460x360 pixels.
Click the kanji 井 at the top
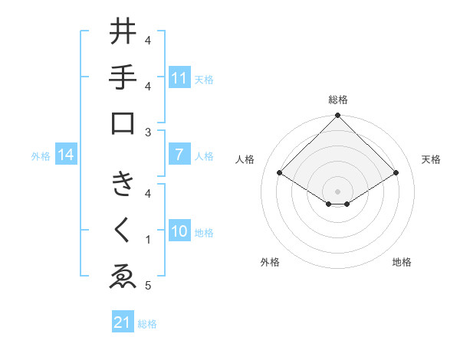click(x=123, y=33)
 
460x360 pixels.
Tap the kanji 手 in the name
click(x=123, y=77)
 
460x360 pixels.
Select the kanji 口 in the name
click(x=123, y=123)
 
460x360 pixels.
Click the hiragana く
click(x=123, y=231)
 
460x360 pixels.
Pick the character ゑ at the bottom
click(x=123, y=277)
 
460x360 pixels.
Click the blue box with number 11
click(x=179, y=77)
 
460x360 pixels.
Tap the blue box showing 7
click(x=179, y=155)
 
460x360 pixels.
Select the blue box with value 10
click(x=179, y=231)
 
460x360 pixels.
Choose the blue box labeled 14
click(x=66, y=155)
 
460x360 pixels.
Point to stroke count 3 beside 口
click(x=148, y=132)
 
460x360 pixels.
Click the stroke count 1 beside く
click(x=148, y=240)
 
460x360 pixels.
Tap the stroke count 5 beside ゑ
click(x=148, y=286)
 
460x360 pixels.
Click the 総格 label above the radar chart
click(x=337, y=100)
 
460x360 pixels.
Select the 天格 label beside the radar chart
click(x=431, y=159)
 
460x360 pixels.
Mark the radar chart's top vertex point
click(x=337, y=116)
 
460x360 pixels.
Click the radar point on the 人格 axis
click(x=279, y=173)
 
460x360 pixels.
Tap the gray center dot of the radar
click(x=337, y=191)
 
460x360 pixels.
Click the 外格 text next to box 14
click(x=41, y=156)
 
